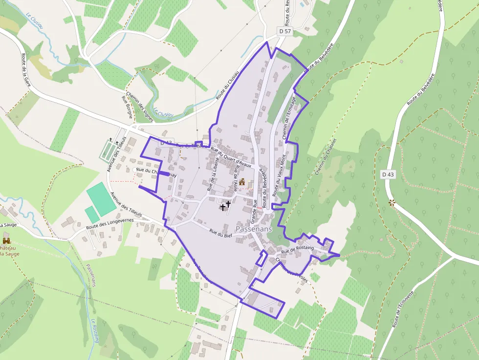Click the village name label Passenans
(254, 229)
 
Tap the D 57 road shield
(285, 31)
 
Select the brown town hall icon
(242, 183)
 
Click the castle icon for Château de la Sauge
(6, 241)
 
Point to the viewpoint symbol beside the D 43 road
(392, 202)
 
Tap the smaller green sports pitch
(91, 214)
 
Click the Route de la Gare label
(25, 71)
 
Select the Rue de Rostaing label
(297, 250)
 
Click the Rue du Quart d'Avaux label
(231, 160)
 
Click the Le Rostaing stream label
(94, 330)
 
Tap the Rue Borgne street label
(127, 104)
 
